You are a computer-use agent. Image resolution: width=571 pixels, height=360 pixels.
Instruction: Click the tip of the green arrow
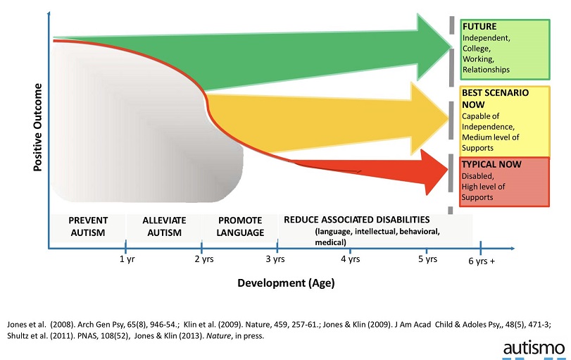pyautogui.click(x=453, y=47)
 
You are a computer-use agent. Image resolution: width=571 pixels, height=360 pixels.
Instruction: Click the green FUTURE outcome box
pyautogui.click(x=503, y=49)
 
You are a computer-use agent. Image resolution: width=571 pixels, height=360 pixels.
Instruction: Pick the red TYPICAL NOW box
pyautogui.click(x=503, y=182)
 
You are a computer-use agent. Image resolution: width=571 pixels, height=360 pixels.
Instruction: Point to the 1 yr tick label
pyautogui.click(x=126, y=259)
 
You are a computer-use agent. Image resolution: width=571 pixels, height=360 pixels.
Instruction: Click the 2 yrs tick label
pyautogui.click(x=202, y=259)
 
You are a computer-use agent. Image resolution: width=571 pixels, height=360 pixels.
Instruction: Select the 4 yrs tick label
pyautogui.click(x=350, y=259)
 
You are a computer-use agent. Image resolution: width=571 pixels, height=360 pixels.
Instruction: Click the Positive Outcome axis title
pyautogui.click(x=38, y=129)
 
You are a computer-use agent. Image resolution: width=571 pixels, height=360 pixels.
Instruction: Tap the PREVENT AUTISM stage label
pyautogui.click(x=88, y=227)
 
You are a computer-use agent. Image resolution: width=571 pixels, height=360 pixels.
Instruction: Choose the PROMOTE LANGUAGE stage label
pyautogui.click(x=240, y=227)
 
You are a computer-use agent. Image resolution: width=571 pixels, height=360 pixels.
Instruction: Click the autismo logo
pyautogui.click(x=533, y=347)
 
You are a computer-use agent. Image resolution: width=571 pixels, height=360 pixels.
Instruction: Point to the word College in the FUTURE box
pyautogui.click(x=476, y=49)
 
